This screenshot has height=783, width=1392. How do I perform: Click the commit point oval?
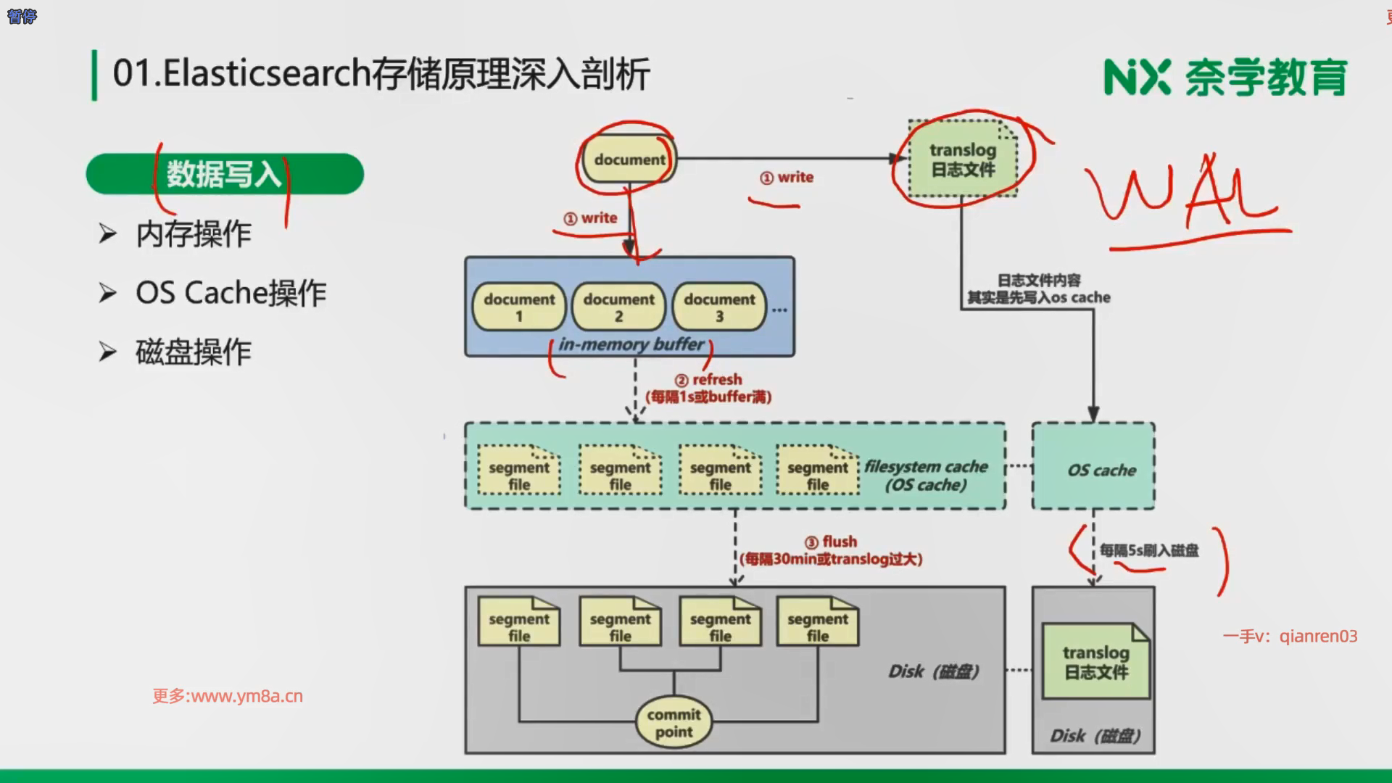[x=674, y=723]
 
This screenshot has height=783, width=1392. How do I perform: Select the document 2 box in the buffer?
[x=618, y=307]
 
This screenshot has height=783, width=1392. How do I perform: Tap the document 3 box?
[x=719, y=307]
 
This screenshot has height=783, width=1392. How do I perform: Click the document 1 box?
[x=519, y=307]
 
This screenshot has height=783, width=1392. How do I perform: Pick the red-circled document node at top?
[x=629, y=159]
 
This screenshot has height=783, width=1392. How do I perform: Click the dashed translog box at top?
[x=963, y=159]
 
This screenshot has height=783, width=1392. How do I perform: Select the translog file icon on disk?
[x=1095, y=662]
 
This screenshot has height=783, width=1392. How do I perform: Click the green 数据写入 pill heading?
[x=225, y=174]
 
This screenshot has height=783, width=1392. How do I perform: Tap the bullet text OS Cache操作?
[x=231, y=293]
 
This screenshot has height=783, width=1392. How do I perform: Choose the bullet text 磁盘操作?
[x=194, y=352]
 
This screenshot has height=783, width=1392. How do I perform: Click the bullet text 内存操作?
[x=194, y=234]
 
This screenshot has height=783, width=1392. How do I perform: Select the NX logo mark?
[x=1137, y=78]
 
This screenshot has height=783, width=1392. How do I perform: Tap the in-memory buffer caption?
[x=631, y=344]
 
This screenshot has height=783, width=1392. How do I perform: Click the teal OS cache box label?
[x=1101, y=470]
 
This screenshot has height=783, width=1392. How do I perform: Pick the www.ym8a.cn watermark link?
[x=228, y=696]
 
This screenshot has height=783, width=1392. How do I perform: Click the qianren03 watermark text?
[x=1290, y=637]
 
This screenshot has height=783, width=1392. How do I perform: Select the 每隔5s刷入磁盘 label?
[x=1149, y=550]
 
